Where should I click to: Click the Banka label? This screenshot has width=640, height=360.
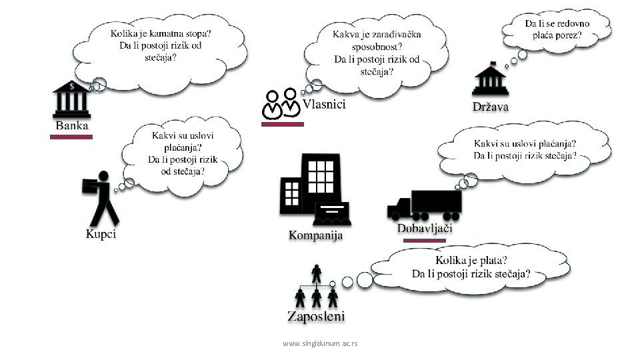(71, 125)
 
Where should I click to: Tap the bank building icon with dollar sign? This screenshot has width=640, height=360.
(71, 100)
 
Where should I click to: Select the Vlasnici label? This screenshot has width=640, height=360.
(325, 104)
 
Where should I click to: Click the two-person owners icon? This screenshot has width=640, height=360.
(281, 105)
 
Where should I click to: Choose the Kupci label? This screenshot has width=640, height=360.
(101, 234)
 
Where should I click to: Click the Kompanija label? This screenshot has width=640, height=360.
(315, 235)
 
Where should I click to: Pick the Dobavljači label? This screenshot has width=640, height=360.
(425, 228)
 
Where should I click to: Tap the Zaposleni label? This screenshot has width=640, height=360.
(315, 316)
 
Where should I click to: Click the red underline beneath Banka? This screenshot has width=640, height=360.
(71, 137)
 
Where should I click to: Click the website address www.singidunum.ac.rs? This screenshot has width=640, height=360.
(320, 343)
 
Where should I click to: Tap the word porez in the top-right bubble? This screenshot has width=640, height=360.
(568, 35)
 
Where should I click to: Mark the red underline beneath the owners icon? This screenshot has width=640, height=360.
(282, 124)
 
